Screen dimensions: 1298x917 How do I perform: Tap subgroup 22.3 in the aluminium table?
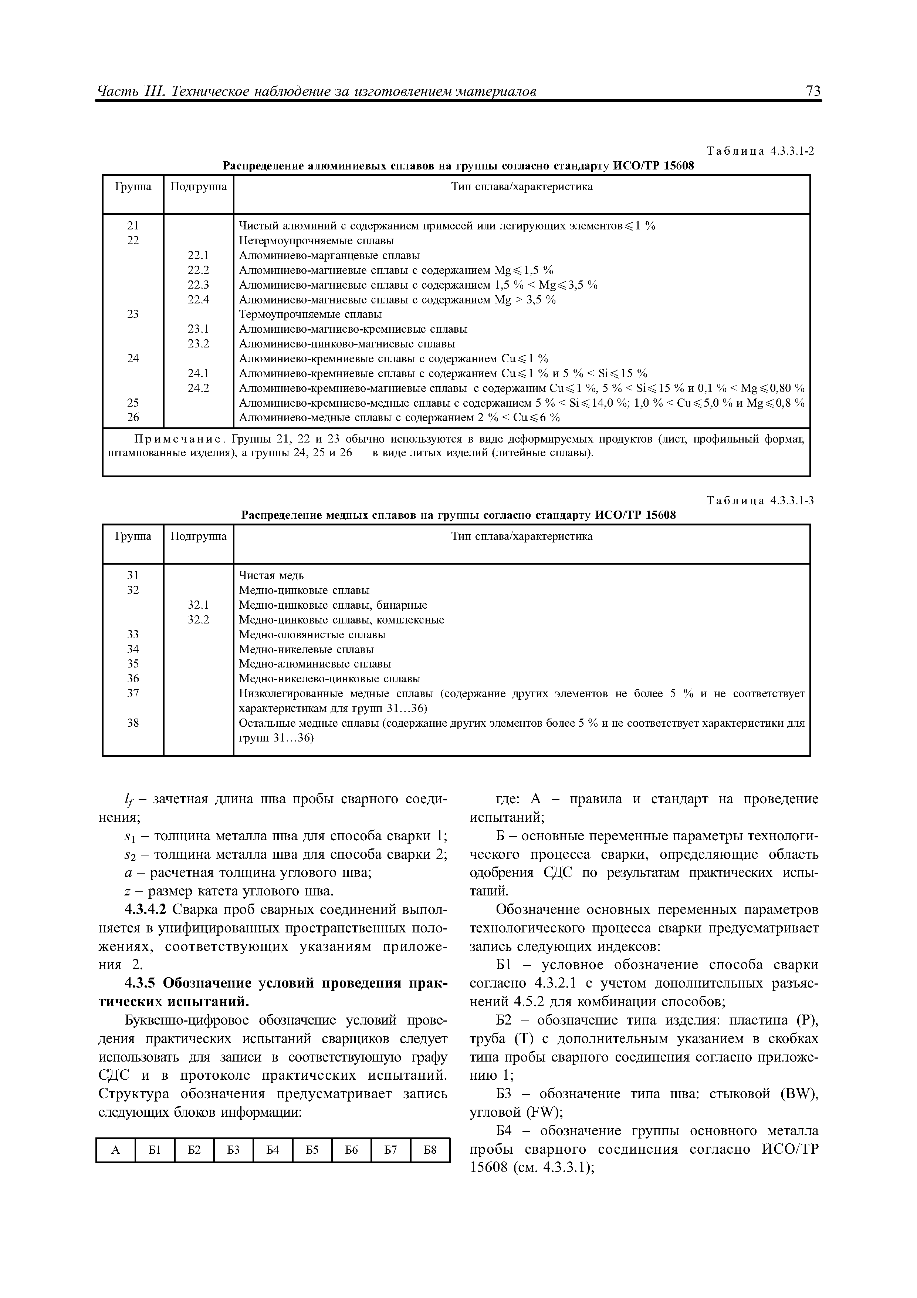(x=198, y=285)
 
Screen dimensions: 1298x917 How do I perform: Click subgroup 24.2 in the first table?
(x=198, y=388)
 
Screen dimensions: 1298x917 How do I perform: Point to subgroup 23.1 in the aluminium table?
(x=198, y=329)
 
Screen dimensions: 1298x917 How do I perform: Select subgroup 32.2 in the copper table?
(x=198, y=620)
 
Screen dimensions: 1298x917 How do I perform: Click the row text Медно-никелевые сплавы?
(x=306, y=649)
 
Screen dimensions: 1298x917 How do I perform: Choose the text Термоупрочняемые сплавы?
(x=310, y=314)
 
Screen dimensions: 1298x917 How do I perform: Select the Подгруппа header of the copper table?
(x=198, y=536)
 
